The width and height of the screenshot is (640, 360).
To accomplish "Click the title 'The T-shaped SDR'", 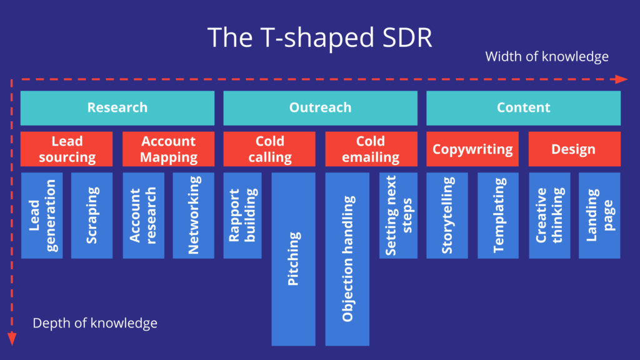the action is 319,37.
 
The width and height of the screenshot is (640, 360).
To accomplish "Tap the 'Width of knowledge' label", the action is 546,56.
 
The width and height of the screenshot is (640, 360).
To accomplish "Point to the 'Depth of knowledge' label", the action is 95,323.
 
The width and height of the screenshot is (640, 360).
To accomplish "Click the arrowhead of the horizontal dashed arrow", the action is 621,79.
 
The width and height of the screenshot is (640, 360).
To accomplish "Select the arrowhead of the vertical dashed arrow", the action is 12,339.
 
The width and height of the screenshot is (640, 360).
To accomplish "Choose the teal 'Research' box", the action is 117,107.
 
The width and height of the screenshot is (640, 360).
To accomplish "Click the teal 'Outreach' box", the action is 321,107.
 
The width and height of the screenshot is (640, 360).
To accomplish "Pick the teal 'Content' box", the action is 524,107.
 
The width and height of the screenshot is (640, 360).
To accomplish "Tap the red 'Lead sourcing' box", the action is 66,149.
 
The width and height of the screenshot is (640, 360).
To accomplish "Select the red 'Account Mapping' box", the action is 169,149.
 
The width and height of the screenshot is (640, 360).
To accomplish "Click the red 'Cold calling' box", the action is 269,149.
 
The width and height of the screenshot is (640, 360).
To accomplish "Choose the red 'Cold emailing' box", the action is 371,149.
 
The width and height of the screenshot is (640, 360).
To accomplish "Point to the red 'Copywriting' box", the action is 472,149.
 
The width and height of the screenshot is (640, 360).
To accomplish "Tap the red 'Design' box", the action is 575,149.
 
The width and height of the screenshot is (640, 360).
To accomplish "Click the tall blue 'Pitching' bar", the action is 294,259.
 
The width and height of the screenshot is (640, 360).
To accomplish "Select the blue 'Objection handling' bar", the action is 347,259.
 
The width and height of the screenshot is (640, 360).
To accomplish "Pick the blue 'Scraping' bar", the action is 92,216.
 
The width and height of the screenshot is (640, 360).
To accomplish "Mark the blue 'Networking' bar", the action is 194,216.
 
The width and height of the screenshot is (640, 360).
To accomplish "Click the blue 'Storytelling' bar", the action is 447,216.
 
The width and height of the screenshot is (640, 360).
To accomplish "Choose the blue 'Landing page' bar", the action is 599,216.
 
